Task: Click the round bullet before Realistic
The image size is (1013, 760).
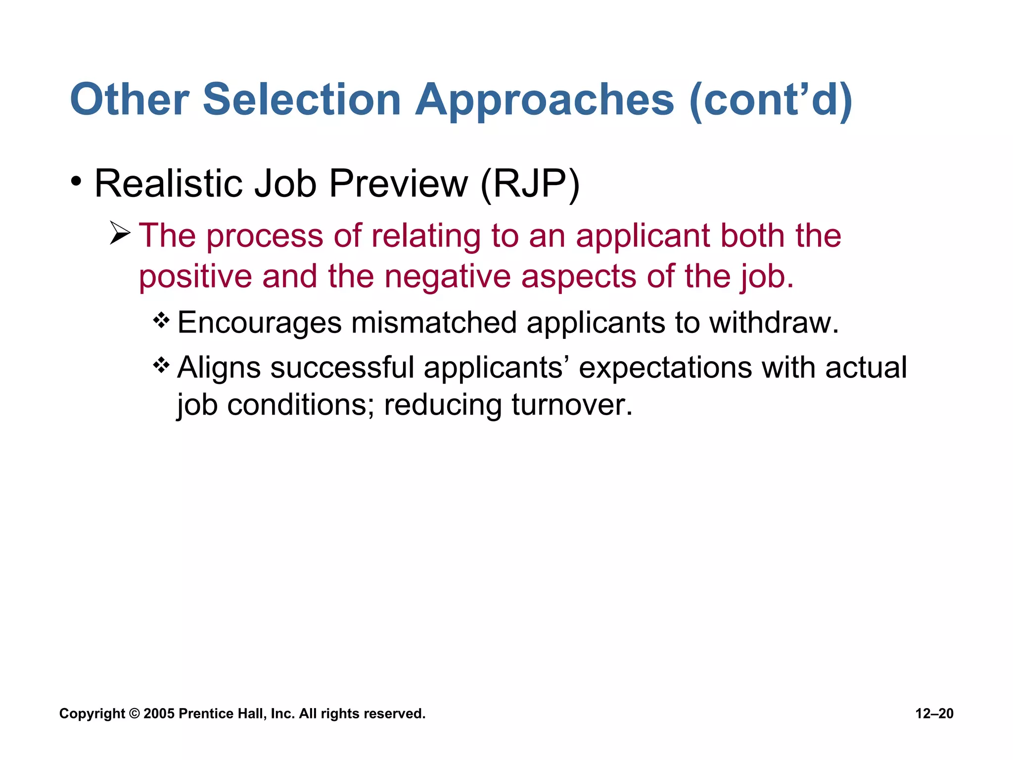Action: click(x=76, y=182)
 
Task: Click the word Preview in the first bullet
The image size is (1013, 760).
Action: click(x=398, y=183)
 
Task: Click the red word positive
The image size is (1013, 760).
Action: click(x=195, y=277)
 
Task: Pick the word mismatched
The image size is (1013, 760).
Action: click(x=434, y=323)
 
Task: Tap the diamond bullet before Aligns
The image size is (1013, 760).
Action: click(x=161, y=366)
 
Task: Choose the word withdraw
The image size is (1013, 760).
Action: click(x=774, y=323)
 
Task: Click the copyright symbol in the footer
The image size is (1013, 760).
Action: click(x=134, y=713)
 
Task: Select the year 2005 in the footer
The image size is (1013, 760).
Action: click(x=159, y=713)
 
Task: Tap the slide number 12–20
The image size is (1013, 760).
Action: click(x=934, y=713)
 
